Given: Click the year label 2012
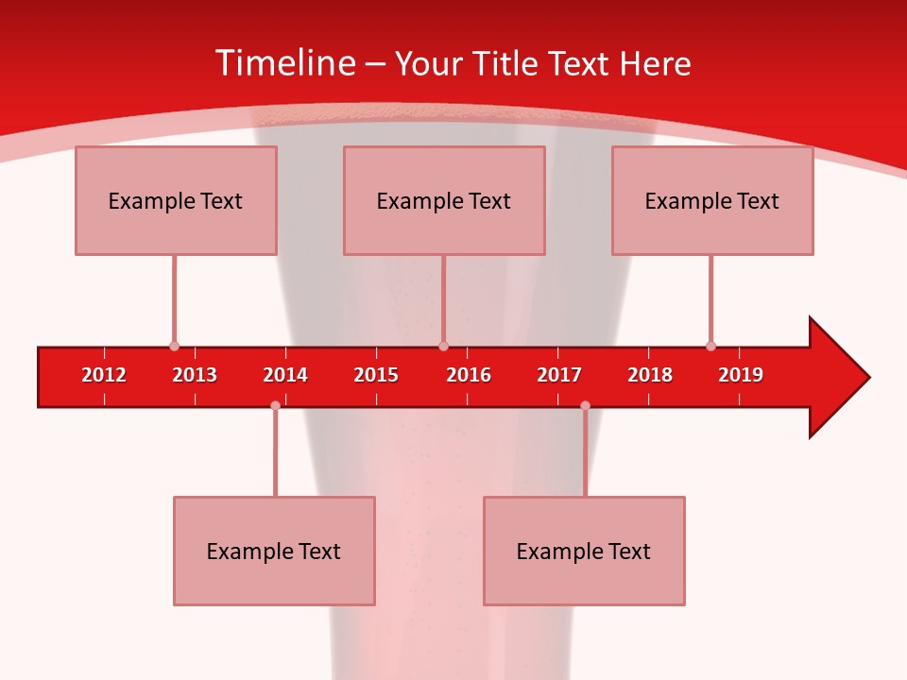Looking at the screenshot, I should click(x=104, y=375).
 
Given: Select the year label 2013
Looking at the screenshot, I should click(x=195, y=375).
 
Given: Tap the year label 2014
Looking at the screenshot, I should click(x=285, y=375).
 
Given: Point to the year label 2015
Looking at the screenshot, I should click(x=376, y=375).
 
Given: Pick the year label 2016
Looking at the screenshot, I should click(x=469, y=375).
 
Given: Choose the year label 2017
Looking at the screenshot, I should click(x=559, y=375).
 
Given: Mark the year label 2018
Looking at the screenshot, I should click(x=650, y=375).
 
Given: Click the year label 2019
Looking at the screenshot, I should click(x=741, y=375).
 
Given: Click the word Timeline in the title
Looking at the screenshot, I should click(x=283, y=63).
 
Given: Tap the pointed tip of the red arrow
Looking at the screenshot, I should click(x=867, y=378).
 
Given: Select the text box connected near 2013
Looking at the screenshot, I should click(x=176, y=200).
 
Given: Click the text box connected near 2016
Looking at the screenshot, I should click(x=444, y=200).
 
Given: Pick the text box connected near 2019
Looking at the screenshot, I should click(x=712, y=200).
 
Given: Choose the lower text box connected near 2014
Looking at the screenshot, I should click(x=274, y=551).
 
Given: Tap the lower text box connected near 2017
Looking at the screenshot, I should click(x=584, y=551).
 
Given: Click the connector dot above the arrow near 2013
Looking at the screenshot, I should click(x=174, y=346).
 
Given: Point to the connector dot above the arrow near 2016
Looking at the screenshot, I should click(x=444, y=346).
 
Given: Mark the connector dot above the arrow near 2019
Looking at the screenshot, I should click(x=710, y=346).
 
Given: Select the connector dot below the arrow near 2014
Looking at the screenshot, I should click(x=275, y=405).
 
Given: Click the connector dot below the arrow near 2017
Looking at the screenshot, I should click(x=585, y=405).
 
